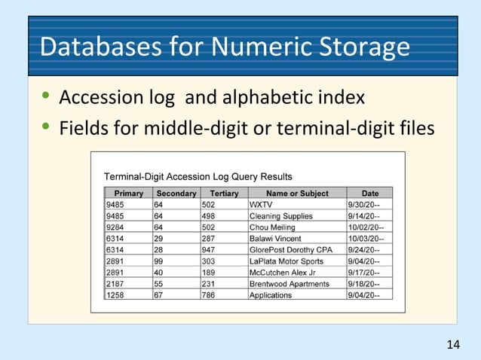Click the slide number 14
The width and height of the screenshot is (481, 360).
point(452,345)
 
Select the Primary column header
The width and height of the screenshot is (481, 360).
point(129,194)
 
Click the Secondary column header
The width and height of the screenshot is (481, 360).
point(176,194)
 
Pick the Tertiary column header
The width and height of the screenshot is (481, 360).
point(224,194)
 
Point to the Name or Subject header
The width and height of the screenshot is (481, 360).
point(297,194)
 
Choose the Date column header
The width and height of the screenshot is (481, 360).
point(369,194)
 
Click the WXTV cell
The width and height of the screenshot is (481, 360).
point(261,204)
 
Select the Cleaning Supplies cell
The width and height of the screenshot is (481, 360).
point(280,216)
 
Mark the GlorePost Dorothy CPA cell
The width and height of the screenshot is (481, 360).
point(290,250)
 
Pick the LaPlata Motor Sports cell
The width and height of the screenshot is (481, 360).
point(286,261)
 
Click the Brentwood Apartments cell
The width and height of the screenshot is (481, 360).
point(289,284)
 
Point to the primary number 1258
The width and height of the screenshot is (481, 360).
point(115,295)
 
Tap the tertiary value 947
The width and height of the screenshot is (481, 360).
point(209,250)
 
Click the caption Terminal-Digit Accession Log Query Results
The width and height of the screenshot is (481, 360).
point(198,177)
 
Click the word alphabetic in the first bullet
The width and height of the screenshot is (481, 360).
point(256,98)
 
